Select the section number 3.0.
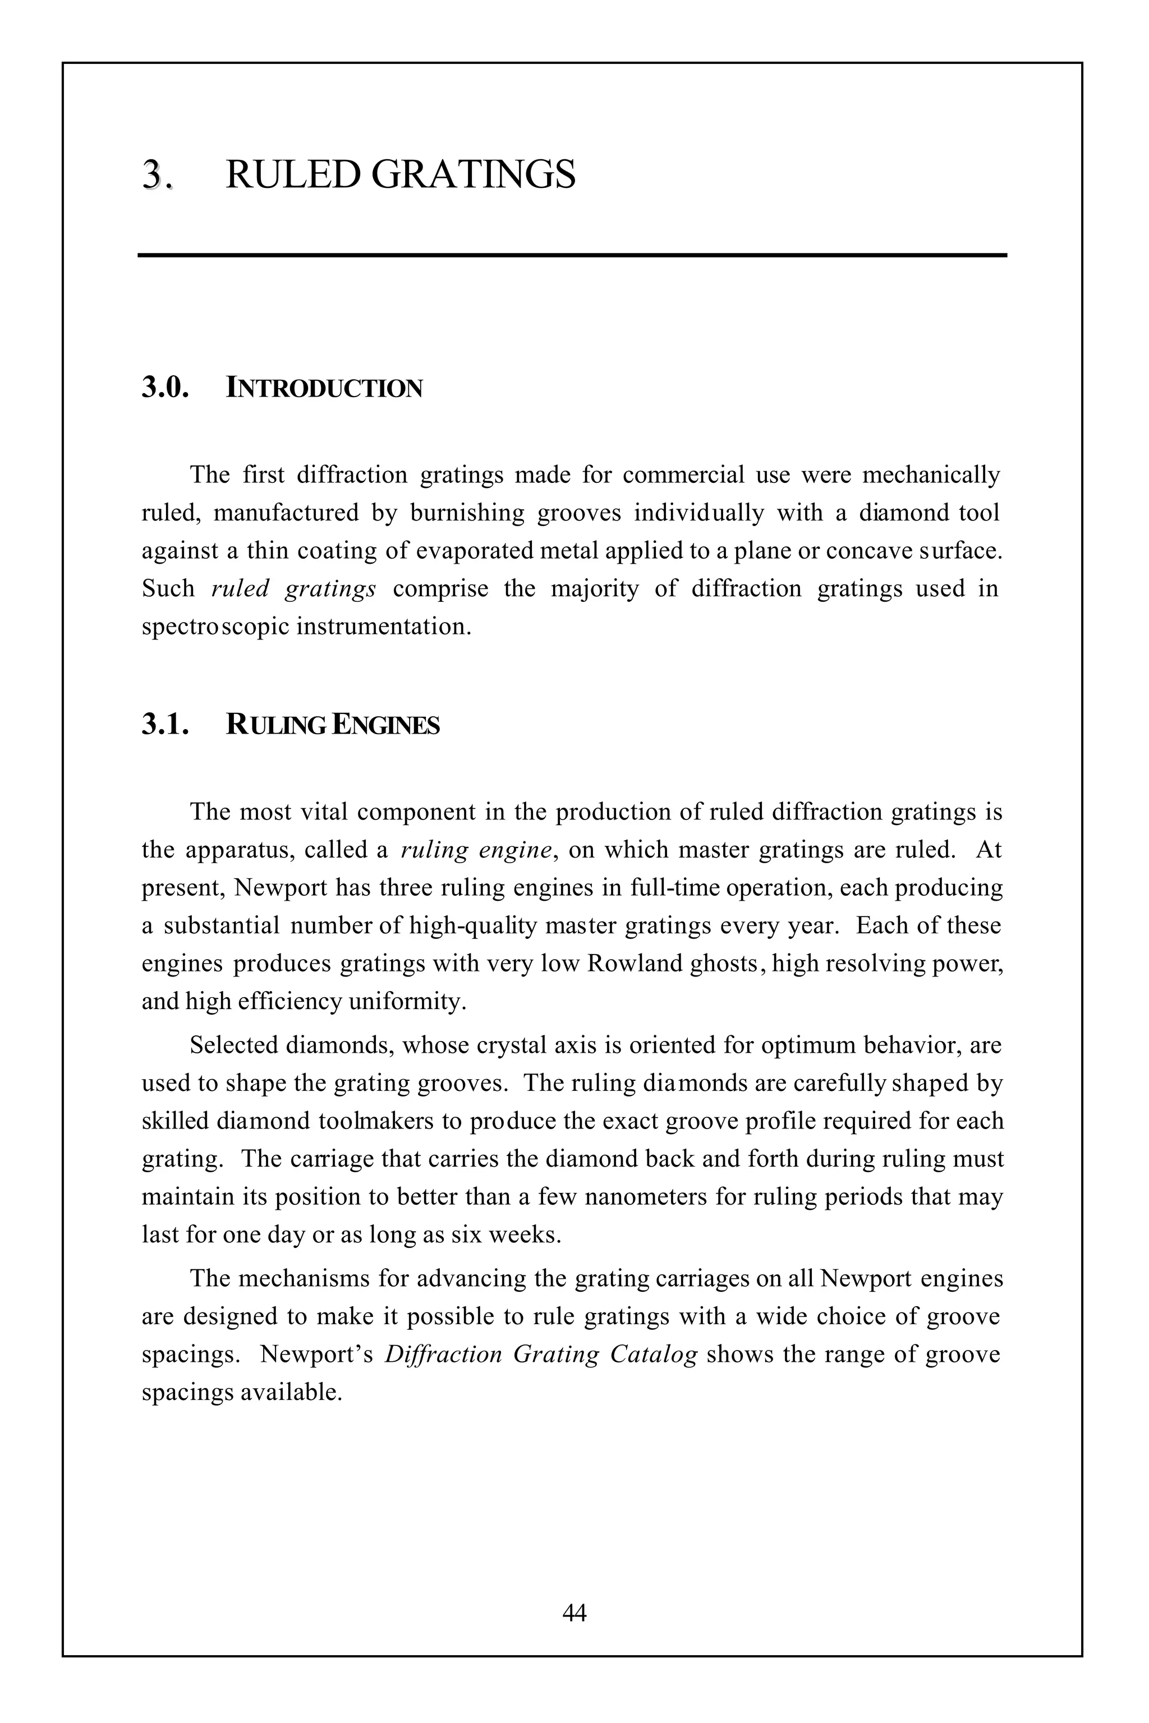point(165,388)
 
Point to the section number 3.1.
point(165,725)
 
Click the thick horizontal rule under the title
point(572,255)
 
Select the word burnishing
point(467,513)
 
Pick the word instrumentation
point(383,627)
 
